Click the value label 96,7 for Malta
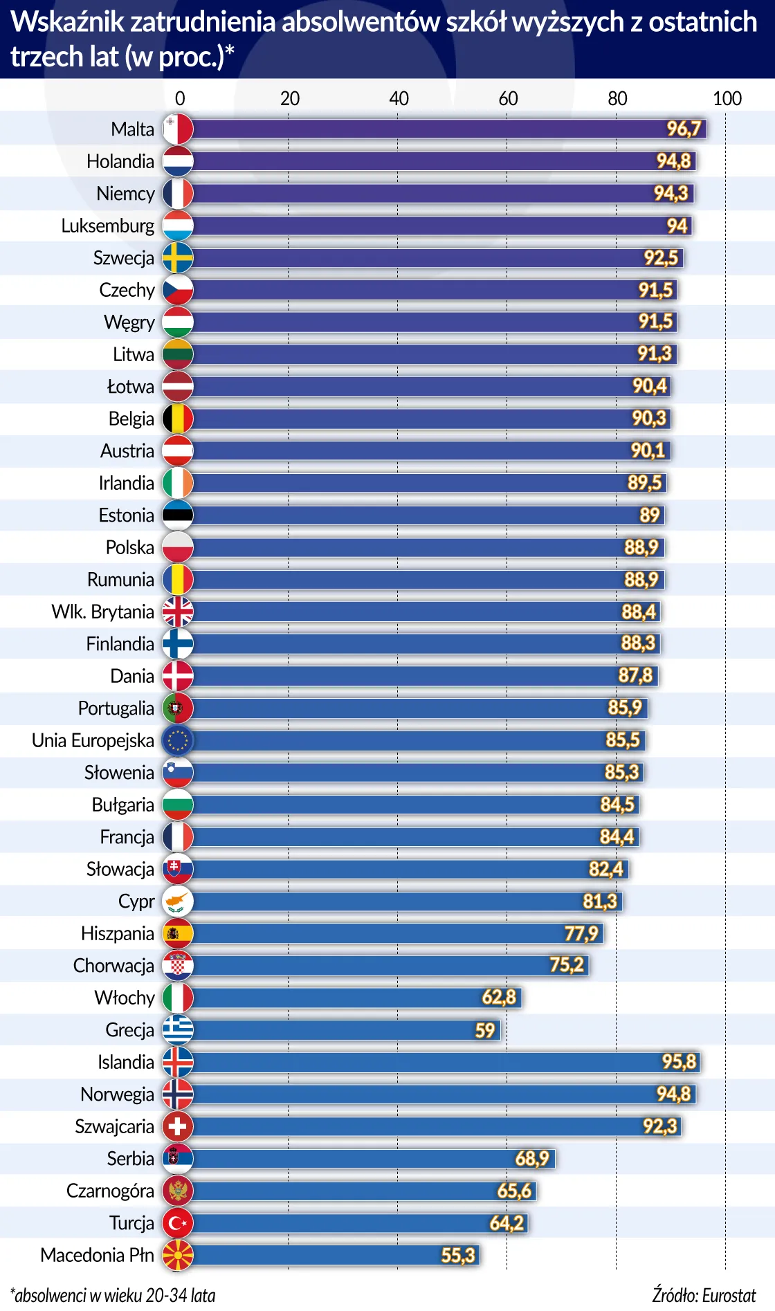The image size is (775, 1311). click(x=684, y=129)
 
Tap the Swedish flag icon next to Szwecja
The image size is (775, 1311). click(x=178, y=258)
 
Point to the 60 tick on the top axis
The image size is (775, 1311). click(x=508, y=98)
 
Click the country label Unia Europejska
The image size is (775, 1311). click(x=93, y=740)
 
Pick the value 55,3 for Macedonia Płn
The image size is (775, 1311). click(x=458, y=1255)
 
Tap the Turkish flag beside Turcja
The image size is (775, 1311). click(x=178, y=1223)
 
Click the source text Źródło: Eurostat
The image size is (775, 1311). click(x=704, y=1295)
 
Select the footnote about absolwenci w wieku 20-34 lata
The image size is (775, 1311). click(x=113, y=1295)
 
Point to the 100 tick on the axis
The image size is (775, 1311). click(x=727, y=98)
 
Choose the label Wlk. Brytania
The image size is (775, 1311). click(x=102, y=612)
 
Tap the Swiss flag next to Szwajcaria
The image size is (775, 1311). click(x=178, y=1126)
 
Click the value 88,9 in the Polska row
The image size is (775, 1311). click(x=641, y=547)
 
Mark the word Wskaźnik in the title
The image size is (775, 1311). click(x=67, y=22)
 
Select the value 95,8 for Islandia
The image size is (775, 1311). click(x=679, y=1062)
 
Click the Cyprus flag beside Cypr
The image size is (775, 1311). click(x=178, y=901)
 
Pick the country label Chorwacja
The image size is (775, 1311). click(x=113, y=966)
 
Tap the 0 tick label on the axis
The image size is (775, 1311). click(x=180, y=98)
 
